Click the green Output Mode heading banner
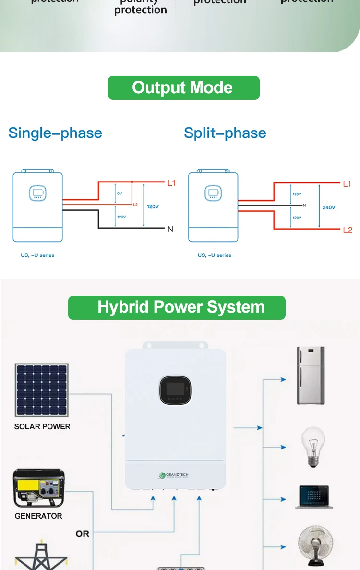pos(183,88)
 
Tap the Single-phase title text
pos(55,133)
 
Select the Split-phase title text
pos(225,133)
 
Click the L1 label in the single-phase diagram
pos(171,183)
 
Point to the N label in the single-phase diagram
pos(170,230)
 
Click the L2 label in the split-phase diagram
pos(348,230)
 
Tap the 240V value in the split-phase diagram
pos(329,207)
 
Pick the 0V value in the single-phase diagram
pos(120,193)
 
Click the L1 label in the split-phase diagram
pos(347,184)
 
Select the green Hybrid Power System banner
pos(177,307)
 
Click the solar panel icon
pos(42,390)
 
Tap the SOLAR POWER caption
pos(42,426)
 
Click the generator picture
pos(39,488)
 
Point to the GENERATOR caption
pos(38,516)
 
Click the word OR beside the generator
pos(83,534)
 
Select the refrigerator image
pos(311,376)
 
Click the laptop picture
pos(314,497)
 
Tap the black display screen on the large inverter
pos(175,390)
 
